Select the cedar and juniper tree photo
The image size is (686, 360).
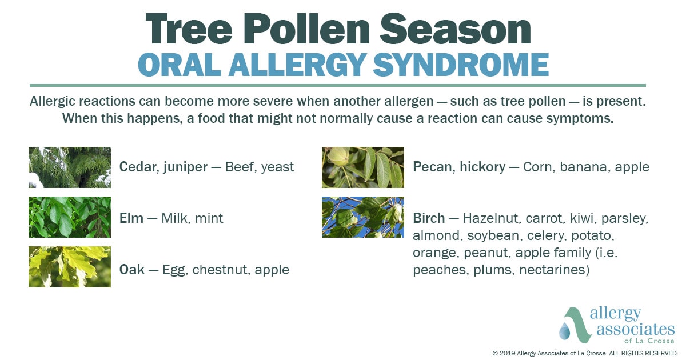(x=70, y=167)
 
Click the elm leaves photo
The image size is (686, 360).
(x=70, y=217)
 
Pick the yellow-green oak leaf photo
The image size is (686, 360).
(x=70, y=267)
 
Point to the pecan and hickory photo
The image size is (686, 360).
(x=363, y=167)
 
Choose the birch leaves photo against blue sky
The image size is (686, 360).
(x=363, y=217)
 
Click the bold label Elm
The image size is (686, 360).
(x=131, y=218)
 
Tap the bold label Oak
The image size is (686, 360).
(x=131, y=269)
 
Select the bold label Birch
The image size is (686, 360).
(x=429, y=218)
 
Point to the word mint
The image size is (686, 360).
(x=209, y=218)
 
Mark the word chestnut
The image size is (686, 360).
(x=220, y=269)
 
